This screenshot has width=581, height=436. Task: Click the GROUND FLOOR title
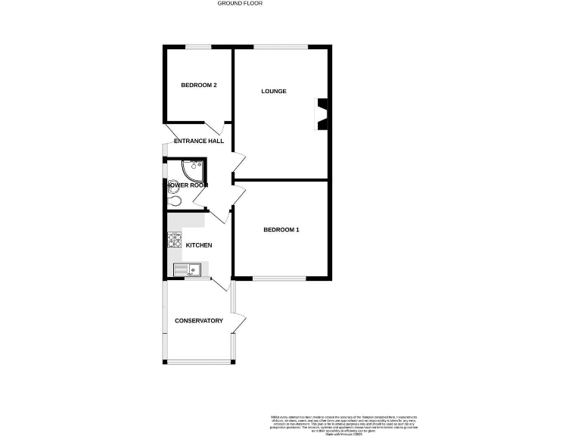pos(240,3)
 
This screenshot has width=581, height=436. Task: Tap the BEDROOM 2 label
pos(199,86)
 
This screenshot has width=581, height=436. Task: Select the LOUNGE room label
pos(274,92)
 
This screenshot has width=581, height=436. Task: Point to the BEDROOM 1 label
pos(281,229)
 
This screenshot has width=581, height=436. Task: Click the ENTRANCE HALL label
pos(199,142)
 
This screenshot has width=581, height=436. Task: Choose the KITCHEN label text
pos(198,245)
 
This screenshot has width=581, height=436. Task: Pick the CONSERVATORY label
pos(199,321)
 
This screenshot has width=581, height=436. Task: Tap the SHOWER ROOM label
pos(186,185)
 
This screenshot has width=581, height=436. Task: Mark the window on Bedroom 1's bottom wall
pos(280,278)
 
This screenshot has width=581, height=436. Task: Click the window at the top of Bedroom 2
pos(199,48)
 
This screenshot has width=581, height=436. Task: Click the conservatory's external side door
pos(239,324)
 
